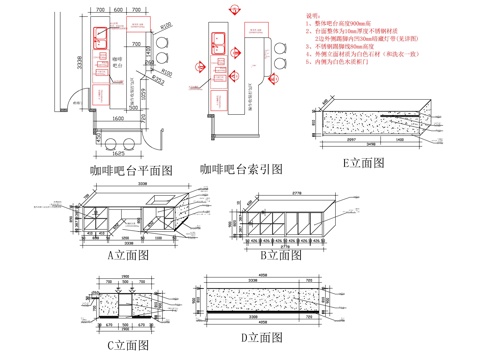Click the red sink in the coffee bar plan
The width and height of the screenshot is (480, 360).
pyautogui.click(x=102, y=37)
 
